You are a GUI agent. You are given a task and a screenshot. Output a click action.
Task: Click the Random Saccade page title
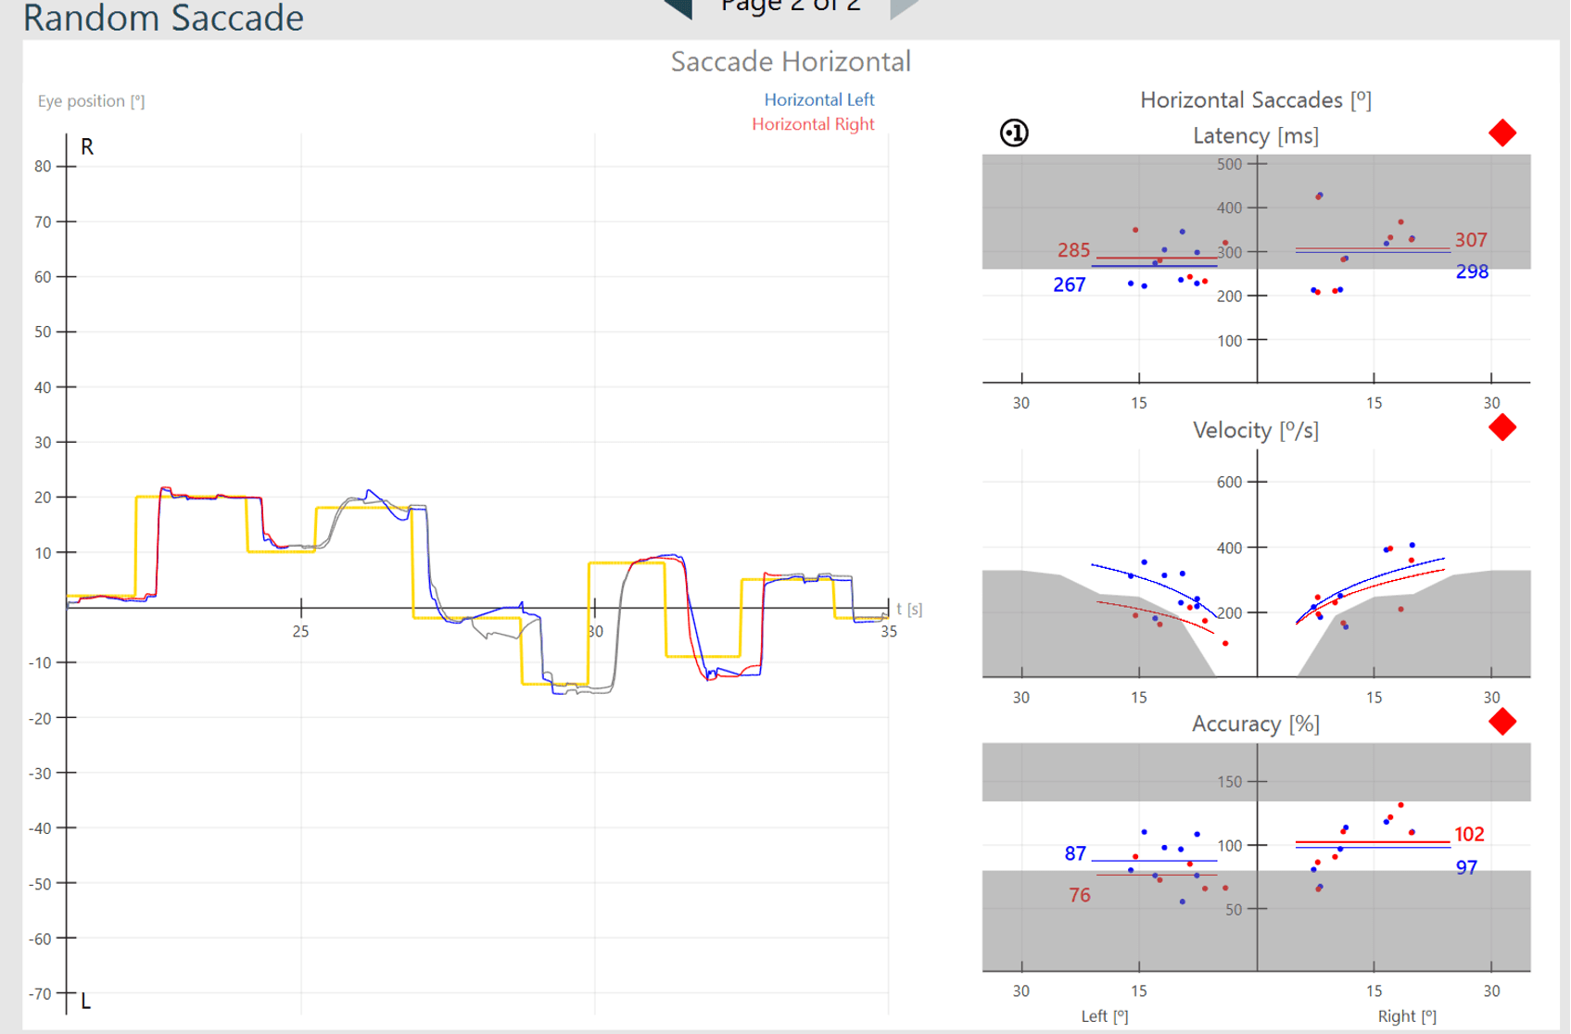(163, 18)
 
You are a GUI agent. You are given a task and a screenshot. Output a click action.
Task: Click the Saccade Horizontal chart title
(791, 61)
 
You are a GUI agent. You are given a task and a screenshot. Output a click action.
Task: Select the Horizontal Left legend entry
(818, 99)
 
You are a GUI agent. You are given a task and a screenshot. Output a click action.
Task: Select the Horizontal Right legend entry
(813, 124)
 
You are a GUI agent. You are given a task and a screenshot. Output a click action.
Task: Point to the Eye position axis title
(91, 101)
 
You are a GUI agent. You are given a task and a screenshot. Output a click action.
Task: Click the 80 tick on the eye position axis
(43, 167)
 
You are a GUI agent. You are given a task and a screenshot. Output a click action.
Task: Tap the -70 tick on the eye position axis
(40, 994)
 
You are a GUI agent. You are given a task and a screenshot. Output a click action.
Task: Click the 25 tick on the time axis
(300, 632)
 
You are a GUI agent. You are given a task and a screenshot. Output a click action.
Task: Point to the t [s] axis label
(909, 609)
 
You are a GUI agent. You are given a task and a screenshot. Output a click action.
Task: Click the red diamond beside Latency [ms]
(1501, 133)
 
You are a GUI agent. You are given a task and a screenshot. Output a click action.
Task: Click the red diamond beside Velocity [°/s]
(1501, 427)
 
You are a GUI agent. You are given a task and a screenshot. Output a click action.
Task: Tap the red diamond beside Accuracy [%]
(1501, 722)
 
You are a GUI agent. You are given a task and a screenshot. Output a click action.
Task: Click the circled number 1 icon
(1014, 133)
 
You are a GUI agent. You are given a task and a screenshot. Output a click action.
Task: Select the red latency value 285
(1073, 250)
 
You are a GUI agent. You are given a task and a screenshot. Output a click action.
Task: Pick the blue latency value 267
(1069, 284)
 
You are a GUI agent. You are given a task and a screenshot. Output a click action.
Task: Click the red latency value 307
(1470, 240)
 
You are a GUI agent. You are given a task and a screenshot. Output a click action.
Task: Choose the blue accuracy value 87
(1075, 853)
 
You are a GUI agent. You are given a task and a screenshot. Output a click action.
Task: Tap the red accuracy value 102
(1469, 834)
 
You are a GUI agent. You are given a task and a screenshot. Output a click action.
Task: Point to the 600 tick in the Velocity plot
(1229, 482)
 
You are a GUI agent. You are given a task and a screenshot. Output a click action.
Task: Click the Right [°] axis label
(1407, 1016)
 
